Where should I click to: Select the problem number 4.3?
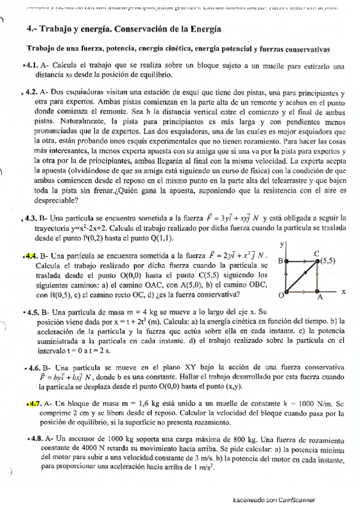[31, 218]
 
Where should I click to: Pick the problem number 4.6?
[32, 367]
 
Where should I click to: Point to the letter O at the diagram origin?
[279, 296]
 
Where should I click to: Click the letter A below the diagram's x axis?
[320, 298]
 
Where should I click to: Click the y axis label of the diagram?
[282, 245]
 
